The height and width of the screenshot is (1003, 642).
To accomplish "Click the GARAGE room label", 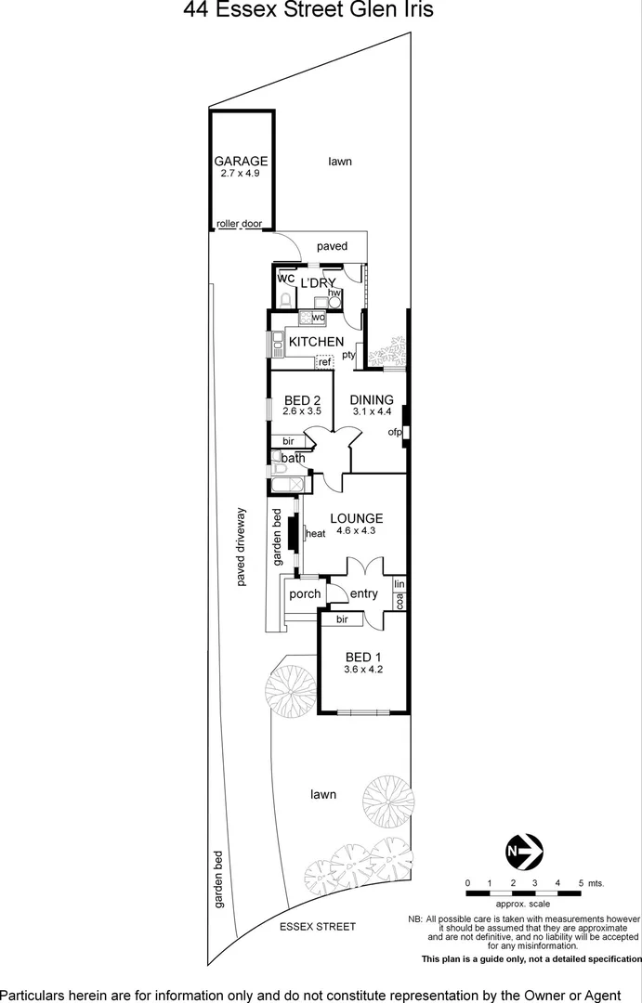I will (x=242, y=161).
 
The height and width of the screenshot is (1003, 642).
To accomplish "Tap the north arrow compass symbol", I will (x=524, y=850).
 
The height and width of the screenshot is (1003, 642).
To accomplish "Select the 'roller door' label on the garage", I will (x=240, y=225).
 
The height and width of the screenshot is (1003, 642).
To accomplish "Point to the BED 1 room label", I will (x=363, y=657).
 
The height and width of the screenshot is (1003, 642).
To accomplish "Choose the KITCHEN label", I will (x=316, y=343).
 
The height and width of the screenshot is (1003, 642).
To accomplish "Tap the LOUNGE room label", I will (x=355, y=518).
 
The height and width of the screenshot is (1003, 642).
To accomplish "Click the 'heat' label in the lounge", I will (x=316, y=533).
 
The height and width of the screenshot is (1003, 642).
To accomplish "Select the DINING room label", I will (x=372, y=400).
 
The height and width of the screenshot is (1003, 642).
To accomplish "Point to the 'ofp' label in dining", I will (x=395, y=433).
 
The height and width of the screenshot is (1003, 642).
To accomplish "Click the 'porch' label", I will (x=305, y=594).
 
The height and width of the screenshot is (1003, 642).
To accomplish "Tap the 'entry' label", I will (x=364, y=594).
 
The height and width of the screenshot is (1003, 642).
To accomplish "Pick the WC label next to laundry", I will (x=285, y=279).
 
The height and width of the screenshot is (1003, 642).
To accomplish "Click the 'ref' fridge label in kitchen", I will (x=325, y=361).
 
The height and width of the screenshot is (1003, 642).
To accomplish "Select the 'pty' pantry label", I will (x=348, y=355).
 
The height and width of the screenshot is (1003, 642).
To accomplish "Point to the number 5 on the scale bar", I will (x=581, y=882).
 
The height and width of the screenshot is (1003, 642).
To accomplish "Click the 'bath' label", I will (x=294, y=458).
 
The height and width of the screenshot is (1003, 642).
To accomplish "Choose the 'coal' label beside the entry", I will (x=400, y=602).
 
